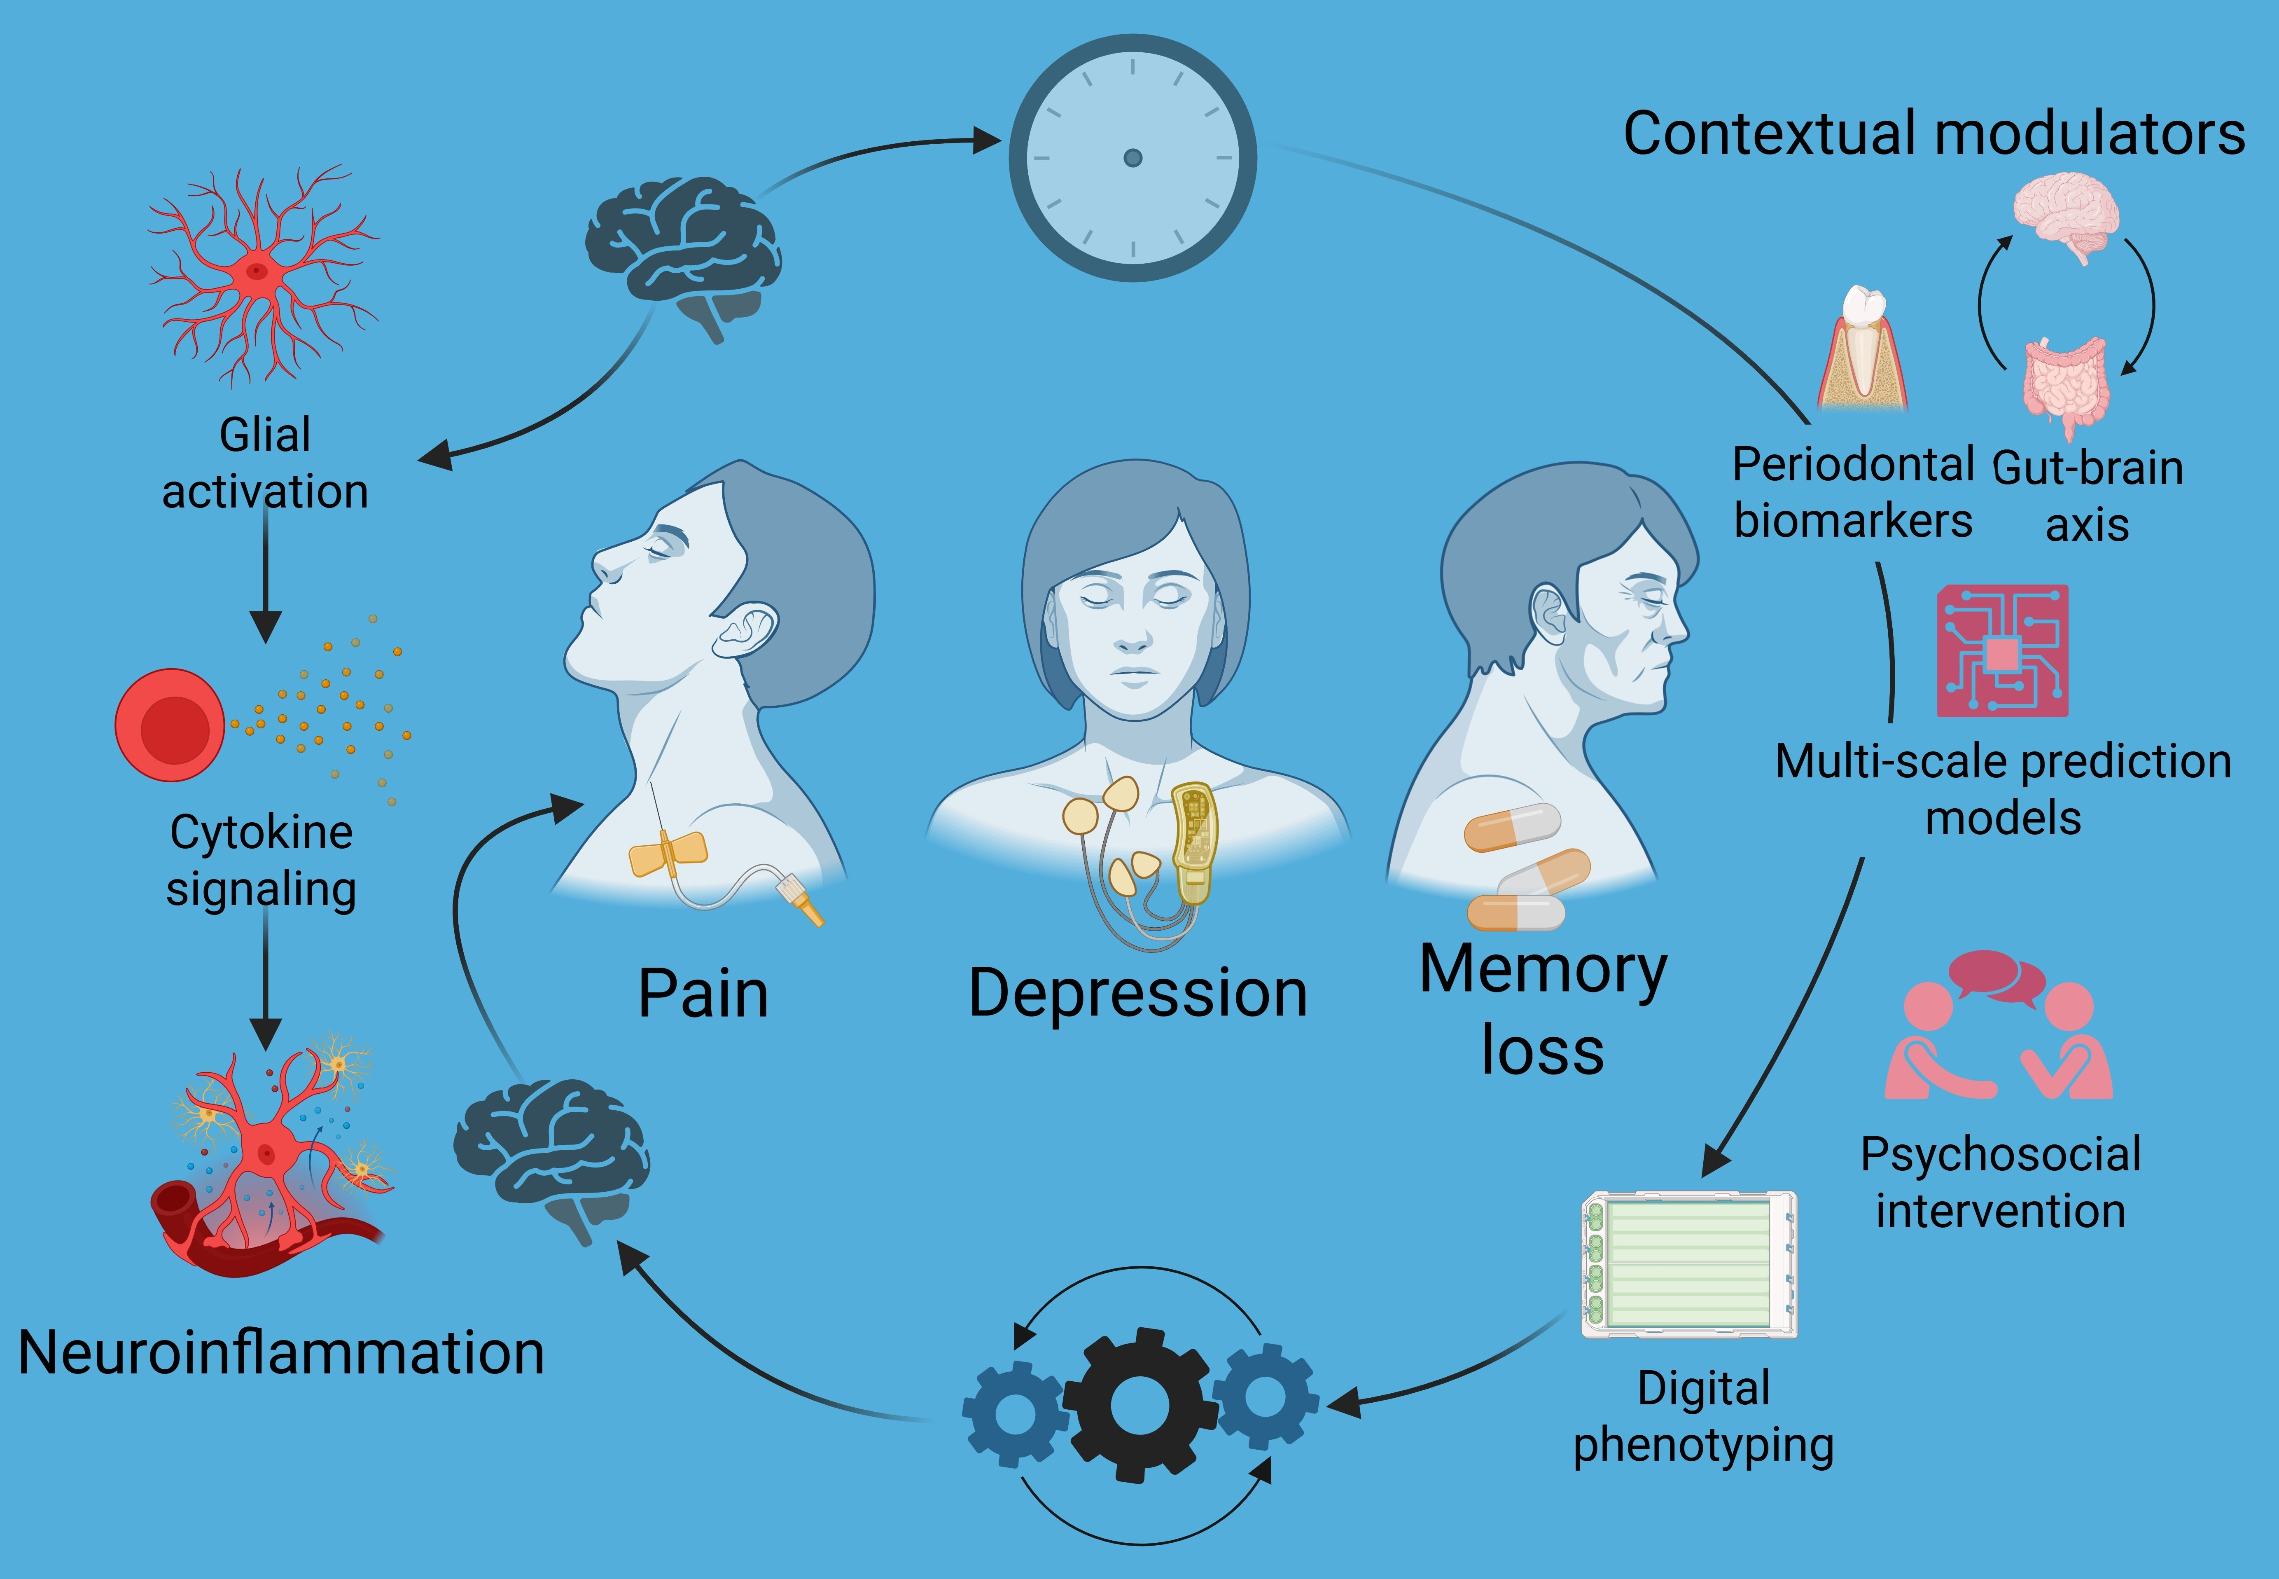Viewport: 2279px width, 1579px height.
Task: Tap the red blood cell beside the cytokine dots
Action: [170, 725]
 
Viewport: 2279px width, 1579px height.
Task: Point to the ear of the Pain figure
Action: [747, 633]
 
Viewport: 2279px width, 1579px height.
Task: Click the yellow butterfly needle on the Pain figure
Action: [669, 853]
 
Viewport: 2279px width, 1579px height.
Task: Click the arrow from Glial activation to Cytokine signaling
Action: [265, 574]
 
